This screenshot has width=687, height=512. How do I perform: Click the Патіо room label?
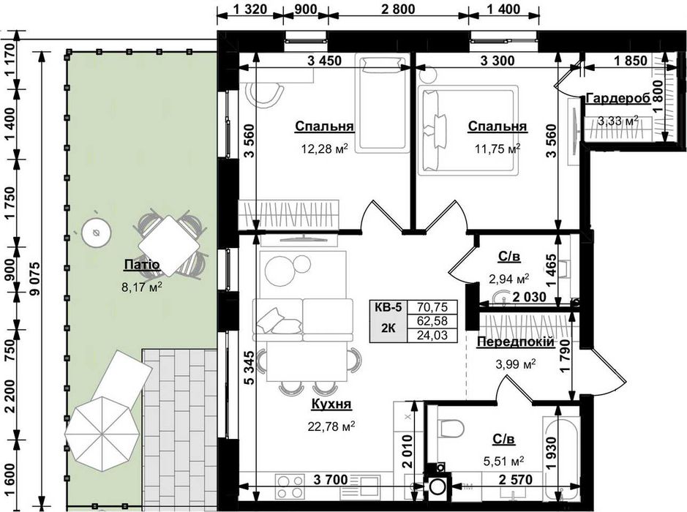(142, 265)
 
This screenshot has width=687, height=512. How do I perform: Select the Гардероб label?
(617, 98)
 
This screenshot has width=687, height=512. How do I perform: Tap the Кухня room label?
(331, 404)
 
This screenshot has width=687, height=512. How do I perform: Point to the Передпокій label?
(515, 342)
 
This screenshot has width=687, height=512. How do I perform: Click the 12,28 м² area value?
(324, 148)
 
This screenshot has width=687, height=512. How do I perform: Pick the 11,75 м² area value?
(498, 148)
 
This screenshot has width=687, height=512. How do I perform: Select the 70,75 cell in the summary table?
(432, 307)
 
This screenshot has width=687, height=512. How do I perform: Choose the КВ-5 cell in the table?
(388, 307)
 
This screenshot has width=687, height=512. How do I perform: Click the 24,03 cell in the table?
(432, 335)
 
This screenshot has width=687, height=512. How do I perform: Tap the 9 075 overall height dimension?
(34, 279)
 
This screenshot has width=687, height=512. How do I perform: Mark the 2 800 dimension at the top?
(398, 9)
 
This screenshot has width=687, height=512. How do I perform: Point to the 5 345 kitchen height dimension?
(249, 367)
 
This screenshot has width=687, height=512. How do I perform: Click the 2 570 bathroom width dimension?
(516, 480)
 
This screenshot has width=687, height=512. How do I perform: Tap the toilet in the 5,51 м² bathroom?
(451, 427)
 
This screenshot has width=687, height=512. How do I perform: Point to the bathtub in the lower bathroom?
(561, 459)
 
